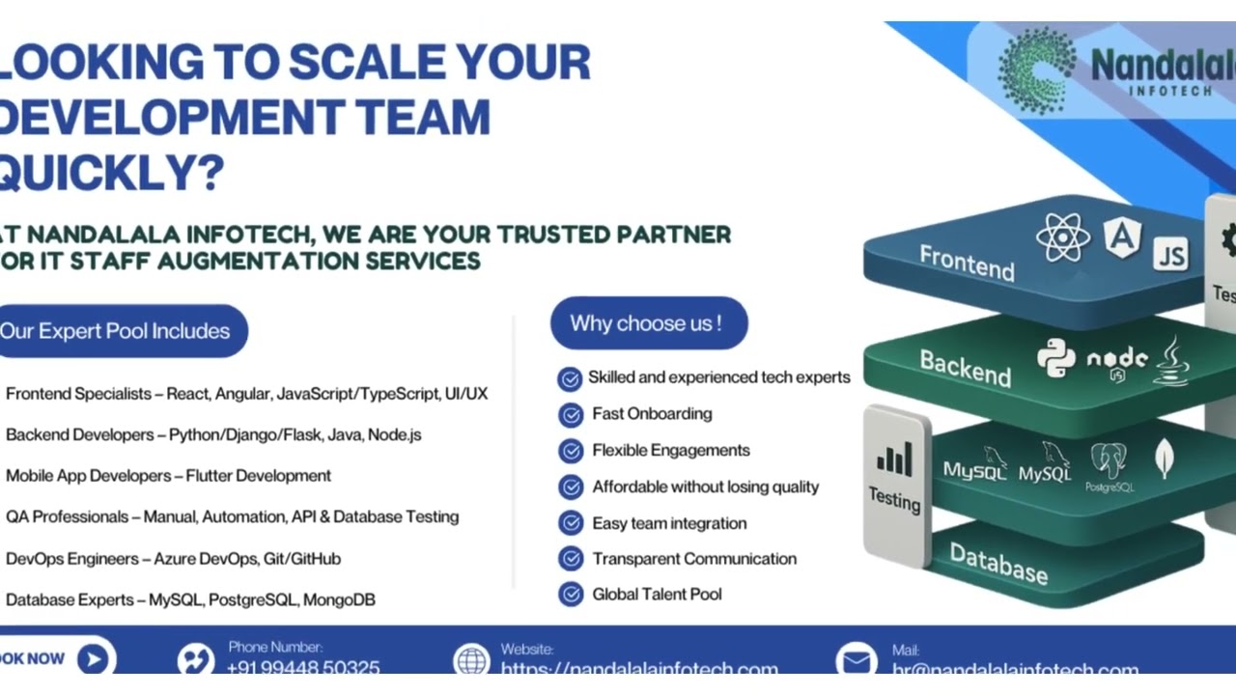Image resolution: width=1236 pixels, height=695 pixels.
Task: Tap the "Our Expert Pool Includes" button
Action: click(x=116, y=331)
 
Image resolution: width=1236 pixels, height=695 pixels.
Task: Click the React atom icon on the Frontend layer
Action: click(x=1062, y=237)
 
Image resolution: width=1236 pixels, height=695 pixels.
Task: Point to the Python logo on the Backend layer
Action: click(x=1055, y=358)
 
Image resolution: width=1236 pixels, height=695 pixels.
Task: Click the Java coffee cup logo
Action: click(x=1171, y=361)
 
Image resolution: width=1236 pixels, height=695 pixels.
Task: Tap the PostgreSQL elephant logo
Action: click(x=1109, y=464)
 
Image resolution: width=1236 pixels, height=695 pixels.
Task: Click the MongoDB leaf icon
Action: click(x=1165, y=458)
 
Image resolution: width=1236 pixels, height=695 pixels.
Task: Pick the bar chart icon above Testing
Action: click(x=893, y=459)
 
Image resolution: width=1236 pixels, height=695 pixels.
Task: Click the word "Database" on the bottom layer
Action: click(x=997, y=564)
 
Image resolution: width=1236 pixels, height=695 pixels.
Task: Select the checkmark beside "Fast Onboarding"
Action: click(x=570, y=415)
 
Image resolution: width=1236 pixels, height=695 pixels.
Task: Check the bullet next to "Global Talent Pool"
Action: click(x=570, y=595)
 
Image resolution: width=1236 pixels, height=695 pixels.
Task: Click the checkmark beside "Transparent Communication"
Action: click(x=570, y=559)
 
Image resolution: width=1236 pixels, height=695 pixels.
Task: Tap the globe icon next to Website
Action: click(x=471, y=660)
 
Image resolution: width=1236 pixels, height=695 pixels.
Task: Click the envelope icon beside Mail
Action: click(x=856, y=660)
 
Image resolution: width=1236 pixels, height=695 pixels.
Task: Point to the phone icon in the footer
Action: click(x=195, y=660)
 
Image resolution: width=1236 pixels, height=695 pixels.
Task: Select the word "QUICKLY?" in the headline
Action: click(x=111, y=172)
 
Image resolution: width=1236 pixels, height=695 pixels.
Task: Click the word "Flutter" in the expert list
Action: click(x=209, y=476)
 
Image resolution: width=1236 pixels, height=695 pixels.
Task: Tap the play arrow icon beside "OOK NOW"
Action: click(x=93, y=659)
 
